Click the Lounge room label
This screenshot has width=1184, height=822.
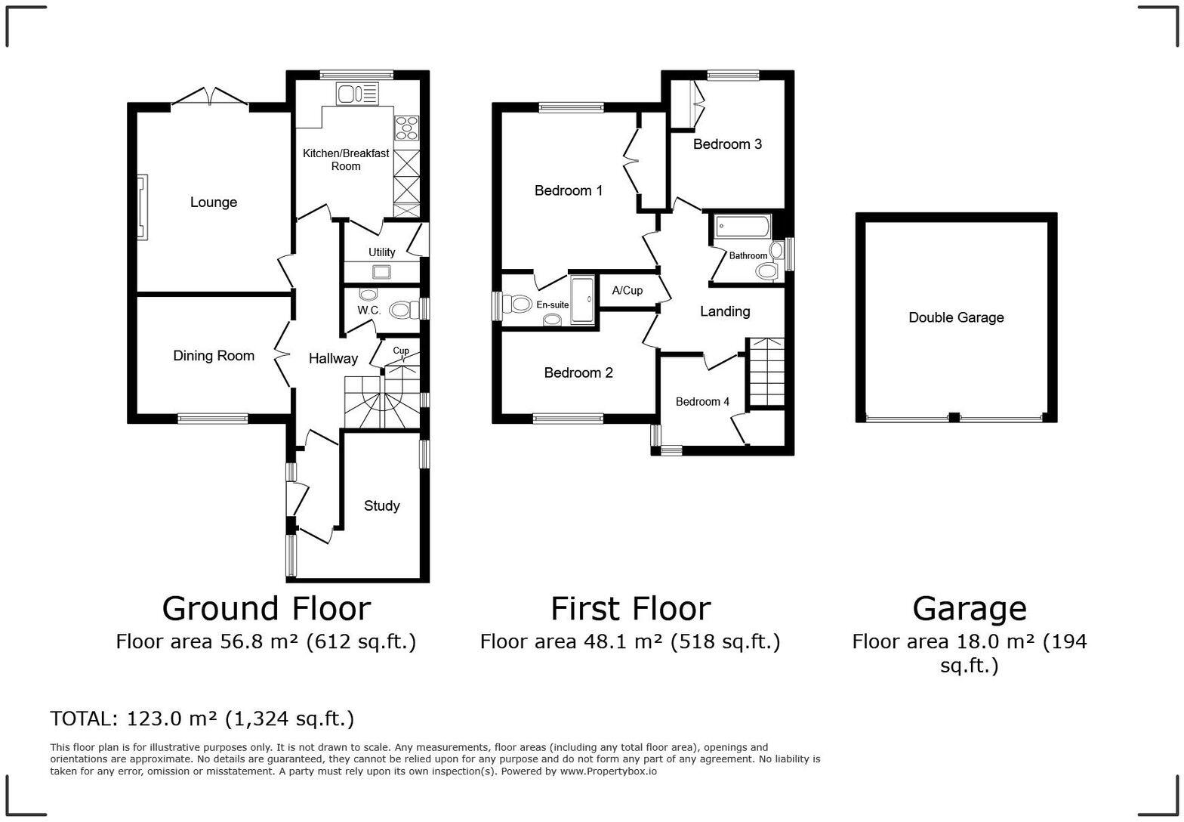point(213,202)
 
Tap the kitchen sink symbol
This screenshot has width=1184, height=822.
point(357,94)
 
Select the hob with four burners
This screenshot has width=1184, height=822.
point(406,127)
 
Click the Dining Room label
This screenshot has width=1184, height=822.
point(214,356)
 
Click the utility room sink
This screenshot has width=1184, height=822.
point(381,271)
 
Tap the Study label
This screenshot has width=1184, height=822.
point(381,506)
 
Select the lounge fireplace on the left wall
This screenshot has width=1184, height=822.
point(142,207)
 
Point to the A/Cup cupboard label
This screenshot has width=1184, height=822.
point(627,291)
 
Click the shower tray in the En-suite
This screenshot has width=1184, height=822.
point(582,301)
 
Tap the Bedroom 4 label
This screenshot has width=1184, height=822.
point(702,402)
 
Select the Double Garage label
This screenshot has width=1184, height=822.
point(956,318)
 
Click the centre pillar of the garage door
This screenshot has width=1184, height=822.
point(954,417)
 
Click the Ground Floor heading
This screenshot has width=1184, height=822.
point(266,608)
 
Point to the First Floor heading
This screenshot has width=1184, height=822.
point(631,608)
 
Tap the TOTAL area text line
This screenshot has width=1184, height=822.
point(202,718)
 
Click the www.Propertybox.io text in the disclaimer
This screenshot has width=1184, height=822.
point(608,771)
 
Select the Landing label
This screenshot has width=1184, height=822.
point(724,311)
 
